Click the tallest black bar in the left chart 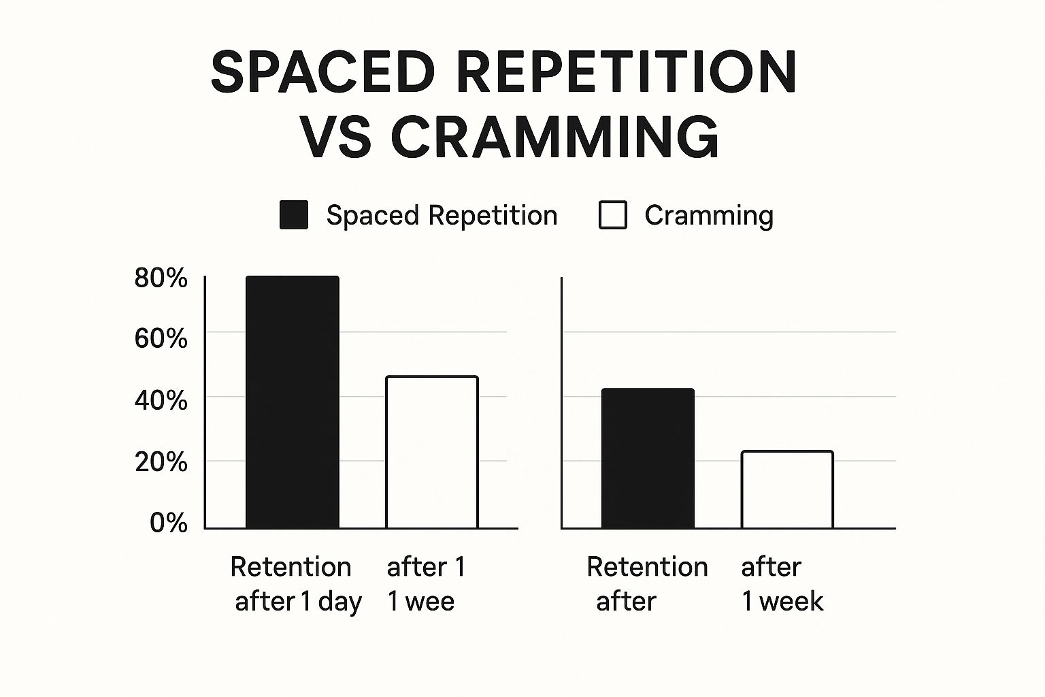click(292, 402)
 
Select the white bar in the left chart click(431, 452)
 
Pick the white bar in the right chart click(786, 489)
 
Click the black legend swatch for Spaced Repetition click(294, 215)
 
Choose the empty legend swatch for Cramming click(612, 215)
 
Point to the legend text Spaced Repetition click(442, 215)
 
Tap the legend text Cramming click(709, 215)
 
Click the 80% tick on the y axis click(161, 278)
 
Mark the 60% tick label click(161, 338)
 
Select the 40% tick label click(161, 400)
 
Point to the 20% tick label click(161, 462)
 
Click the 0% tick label click(168, 523)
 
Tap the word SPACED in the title click(322, 71)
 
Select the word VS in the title click(336, 137)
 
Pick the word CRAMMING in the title click(554, 137)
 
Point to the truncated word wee click(428, 602)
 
